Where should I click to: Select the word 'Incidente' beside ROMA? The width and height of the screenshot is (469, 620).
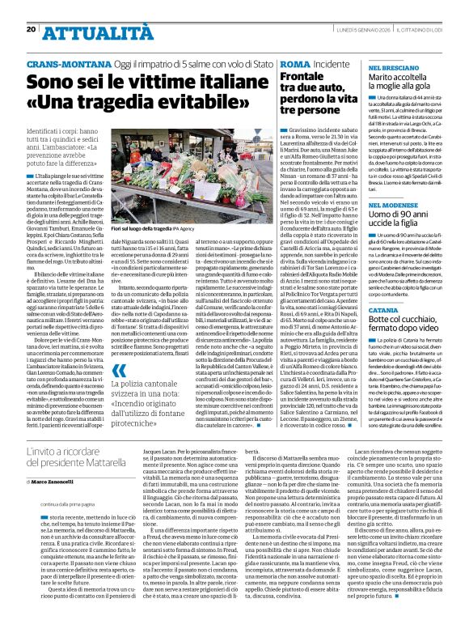333,63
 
